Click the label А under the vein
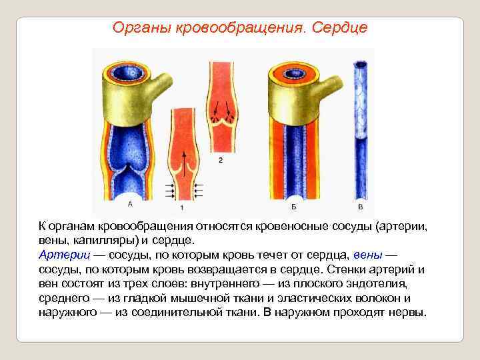click(129, 204)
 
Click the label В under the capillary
click(360, 204)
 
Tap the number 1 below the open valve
click(181, 208)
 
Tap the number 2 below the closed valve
click(220, 160)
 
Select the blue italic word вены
click(368, 255)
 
